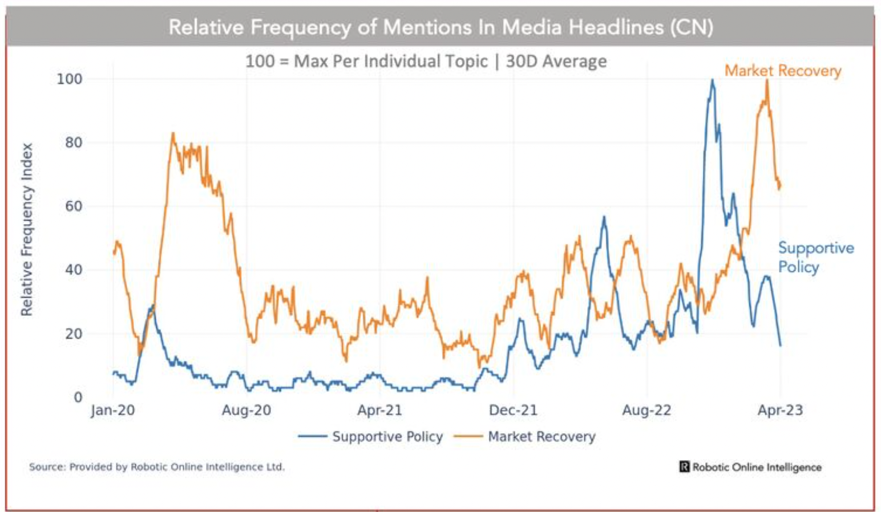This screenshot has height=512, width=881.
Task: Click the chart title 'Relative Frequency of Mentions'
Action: click(440, 27)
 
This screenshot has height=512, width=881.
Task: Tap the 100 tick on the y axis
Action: click(69, 79)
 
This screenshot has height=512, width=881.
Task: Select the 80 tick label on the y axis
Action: click(73, 143)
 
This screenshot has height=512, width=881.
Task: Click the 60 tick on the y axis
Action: click(73, 206)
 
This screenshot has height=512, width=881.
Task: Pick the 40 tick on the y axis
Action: click(73, 270)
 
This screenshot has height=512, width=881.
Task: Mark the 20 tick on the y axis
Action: click(73, 334)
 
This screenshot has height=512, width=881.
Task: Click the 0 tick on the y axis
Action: click(78, 397)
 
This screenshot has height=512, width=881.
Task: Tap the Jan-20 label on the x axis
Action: click(112, 410)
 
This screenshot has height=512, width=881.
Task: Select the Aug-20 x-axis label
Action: click(246, 410)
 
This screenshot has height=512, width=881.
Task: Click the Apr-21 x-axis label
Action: click(379, 410)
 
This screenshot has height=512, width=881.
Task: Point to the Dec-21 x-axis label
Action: click(513, 410)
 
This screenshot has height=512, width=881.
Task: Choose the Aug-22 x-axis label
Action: click(646, 410)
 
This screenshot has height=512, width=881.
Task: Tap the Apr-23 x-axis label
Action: click(780, 410)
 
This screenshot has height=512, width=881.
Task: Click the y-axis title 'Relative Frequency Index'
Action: click(27, 229)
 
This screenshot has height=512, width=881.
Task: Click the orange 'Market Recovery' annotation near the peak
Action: click(782, 71)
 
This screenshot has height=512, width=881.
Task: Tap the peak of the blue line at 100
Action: click(712, 80)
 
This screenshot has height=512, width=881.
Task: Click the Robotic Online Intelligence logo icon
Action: click(684, 467)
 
